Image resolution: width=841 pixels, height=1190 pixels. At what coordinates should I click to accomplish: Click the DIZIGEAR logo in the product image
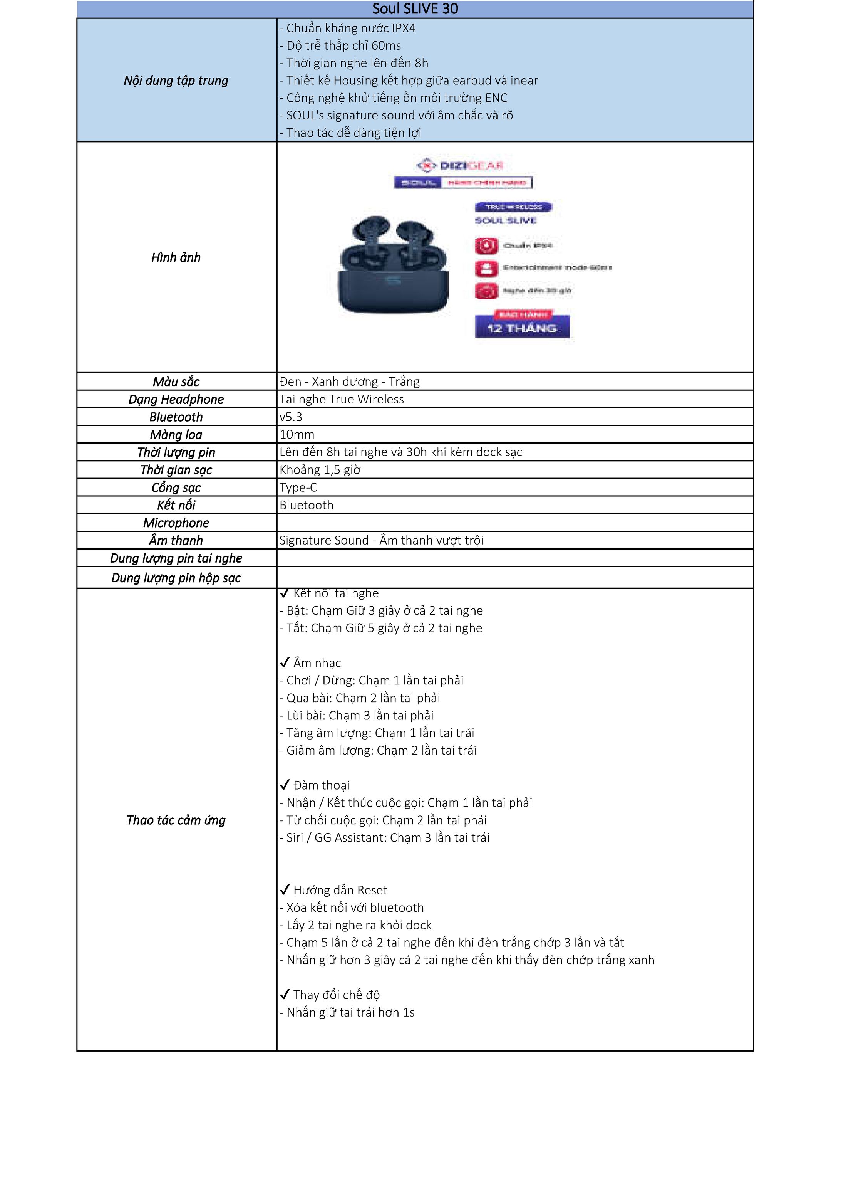(x=459, y=165)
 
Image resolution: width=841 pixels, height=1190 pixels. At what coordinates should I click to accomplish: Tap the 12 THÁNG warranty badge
(x=522, y=328)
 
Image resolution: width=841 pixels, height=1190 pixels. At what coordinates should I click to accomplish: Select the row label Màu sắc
(x=176, y=382)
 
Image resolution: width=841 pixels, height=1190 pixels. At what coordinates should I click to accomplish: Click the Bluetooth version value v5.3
(x=291, y=417)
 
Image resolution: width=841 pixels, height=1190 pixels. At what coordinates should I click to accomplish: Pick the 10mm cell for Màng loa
(x=297, y=435)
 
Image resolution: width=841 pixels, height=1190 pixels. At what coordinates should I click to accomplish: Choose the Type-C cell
(x=298, y=488)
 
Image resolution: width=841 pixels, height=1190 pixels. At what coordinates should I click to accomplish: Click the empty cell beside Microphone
(x=515, y=523)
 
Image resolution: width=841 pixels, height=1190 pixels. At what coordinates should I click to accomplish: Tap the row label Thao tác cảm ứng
(x=176, y=820)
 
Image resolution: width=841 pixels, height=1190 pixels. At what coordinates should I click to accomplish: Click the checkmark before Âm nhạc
(x=284, y=663)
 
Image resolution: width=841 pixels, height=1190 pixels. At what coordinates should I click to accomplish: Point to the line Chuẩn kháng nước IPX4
(x=347, y=28)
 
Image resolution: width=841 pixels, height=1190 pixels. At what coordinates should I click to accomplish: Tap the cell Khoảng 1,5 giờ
(x=320, y=470)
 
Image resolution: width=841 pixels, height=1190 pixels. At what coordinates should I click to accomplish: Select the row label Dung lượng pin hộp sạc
(x=176, y=578)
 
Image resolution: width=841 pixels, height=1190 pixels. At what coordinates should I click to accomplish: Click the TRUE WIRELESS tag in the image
(x=513, y=207)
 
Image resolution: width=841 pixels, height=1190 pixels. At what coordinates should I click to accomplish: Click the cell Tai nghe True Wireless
(x=342, y=400)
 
